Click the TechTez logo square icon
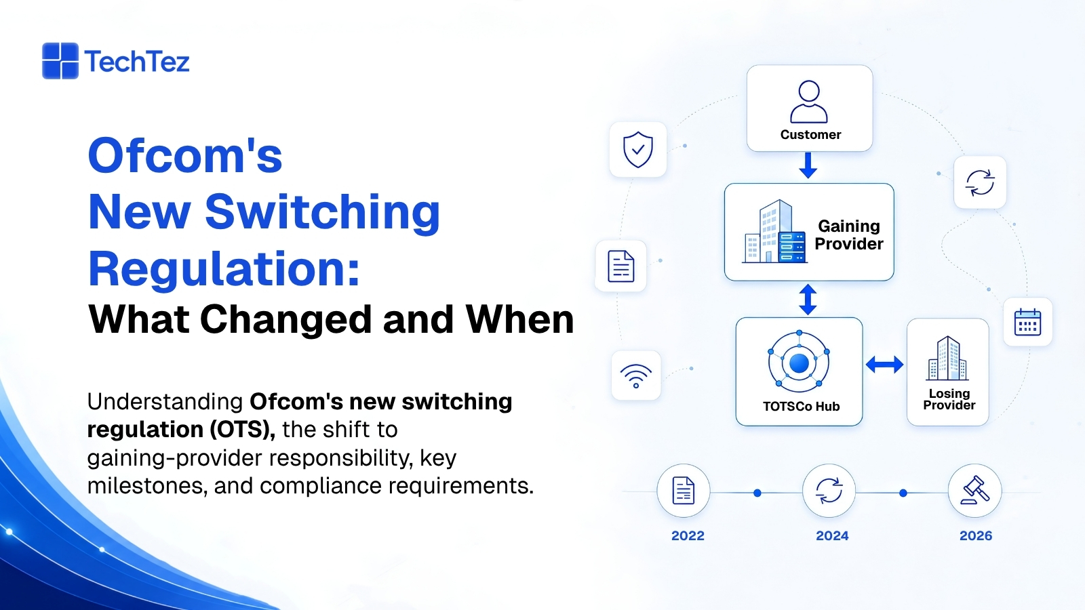click(60, 61)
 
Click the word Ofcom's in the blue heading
click(185, 155)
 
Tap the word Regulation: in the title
click(224, 269)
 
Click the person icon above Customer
click(809, 102)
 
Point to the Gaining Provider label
click(849, 235)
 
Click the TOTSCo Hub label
click(801, 406)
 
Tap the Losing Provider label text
click(949, 399)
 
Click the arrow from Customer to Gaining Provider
click(808, 165)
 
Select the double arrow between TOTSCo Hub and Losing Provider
click(884, 365)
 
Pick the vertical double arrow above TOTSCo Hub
click(808, 300)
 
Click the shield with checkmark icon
click(638, 150)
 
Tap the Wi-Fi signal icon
click(636, 375)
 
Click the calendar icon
click(1027, 322)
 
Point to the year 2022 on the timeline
click(688, 535)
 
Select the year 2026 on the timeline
click(976, 535)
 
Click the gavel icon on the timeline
click(974, 491)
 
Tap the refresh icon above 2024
click(829, 491)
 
